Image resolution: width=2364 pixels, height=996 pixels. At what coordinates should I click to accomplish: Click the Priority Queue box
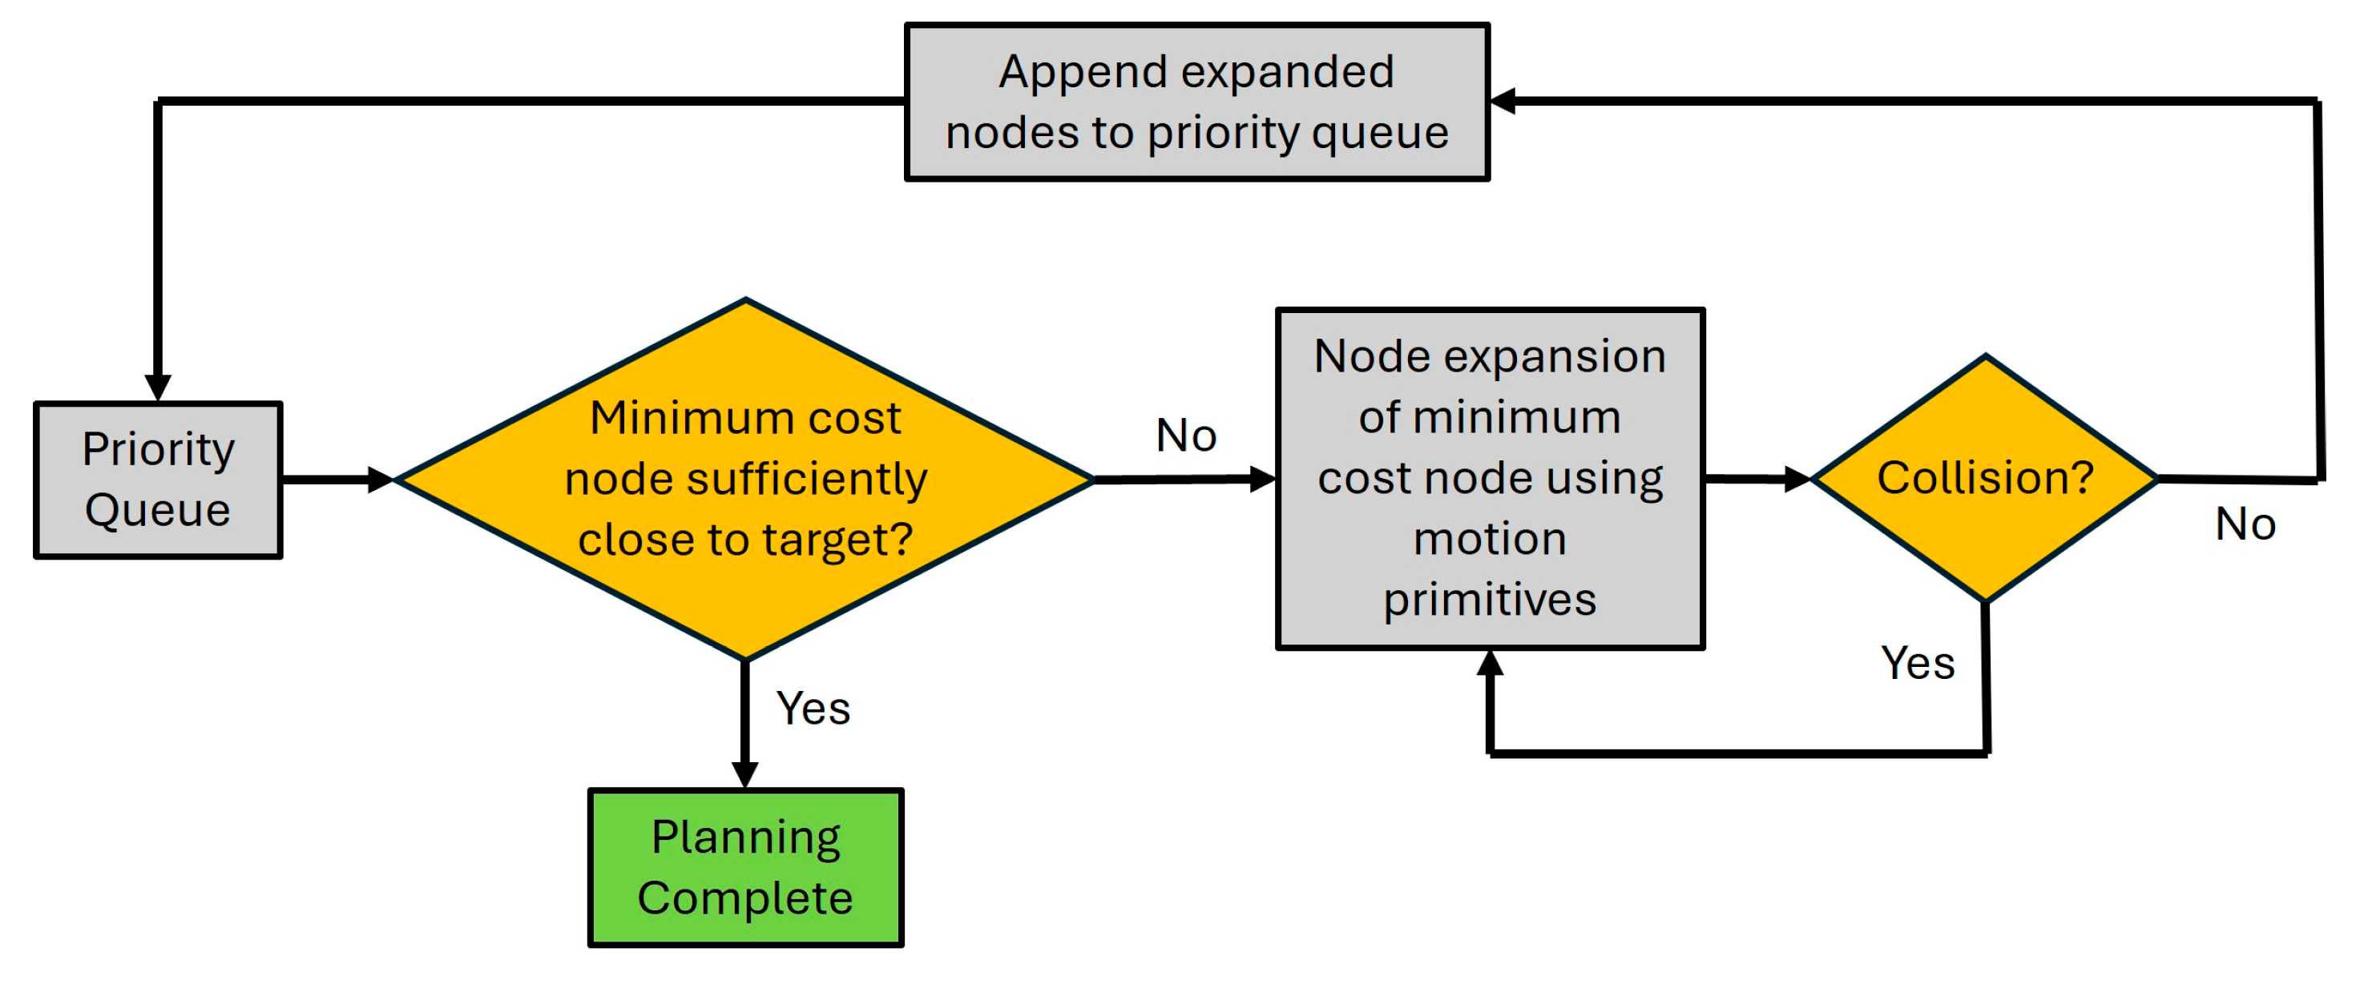158,480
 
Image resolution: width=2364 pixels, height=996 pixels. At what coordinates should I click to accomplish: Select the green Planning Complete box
745,868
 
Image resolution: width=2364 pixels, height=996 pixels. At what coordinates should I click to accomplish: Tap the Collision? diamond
1985,478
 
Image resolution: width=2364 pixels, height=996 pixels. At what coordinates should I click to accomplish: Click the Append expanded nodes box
1196,102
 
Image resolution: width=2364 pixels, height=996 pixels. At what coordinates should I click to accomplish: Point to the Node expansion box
1490,478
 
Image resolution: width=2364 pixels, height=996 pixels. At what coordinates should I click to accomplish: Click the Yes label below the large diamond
813,708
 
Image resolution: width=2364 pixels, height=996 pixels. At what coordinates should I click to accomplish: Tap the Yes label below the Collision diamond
1917,662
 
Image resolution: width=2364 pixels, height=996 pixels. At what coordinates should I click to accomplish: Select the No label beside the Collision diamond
2245,524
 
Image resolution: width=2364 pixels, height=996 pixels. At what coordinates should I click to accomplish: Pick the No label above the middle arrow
1186,435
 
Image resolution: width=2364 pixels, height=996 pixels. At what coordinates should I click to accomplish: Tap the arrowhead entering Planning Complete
745,773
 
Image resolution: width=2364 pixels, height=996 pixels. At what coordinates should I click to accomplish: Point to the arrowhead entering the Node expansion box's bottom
1490,664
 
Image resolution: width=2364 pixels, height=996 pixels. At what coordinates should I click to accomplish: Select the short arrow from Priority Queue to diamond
336,479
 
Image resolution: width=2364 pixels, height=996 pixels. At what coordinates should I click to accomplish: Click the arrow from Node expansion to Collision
1755,478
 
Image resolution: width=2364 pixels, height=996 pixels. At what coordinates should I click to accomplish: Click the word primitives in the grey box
1490,600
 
